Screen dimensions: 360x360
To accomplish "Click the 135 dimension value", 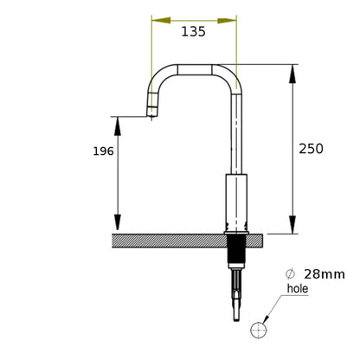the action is [x=193, y=31].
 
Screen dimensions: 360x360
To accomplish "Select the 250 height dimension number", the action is [x=311, y=149].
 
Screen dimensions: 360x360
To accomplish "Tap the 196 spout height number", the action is [x=103, y=151].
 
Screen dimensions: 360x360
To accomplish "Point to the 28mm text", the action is [x=325, y=274].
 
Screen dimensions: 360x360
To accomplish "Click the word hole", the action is [x=298, y=288].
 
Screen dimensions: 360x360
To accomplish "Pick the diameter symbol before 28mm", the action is [x=290, y=273].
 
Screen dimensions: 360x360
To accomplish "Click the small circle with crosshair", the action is [x=259, y=330].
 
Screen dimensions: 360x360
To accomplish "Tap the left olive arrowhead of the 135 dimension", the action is [x=161, y=20].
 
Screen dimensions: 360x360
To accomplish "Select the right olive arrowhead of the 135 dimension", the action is [x=227, y=21].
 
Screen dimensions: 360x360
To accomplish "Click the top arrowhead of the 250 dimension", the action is [x=292, y=74].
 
